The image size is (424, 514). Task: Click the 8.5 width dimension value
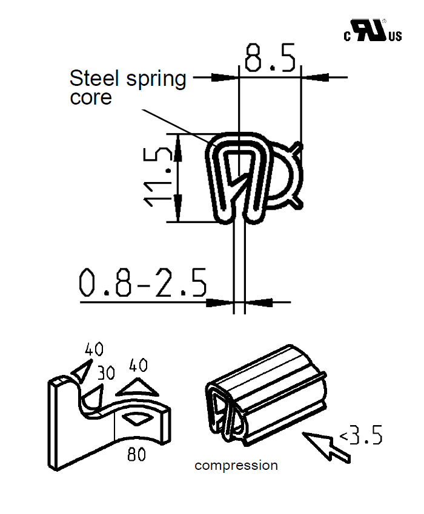point(270,58)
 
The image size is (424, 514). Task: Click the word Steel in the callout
point(93,78)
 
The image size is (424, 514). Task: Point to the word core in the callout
point(91,98)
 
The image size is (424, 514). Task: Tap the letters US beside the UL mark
point(395,37)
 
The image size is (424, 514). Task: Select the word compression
point(236,466)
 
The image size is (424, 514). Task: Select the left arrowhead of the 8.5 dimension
point(225,77)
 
